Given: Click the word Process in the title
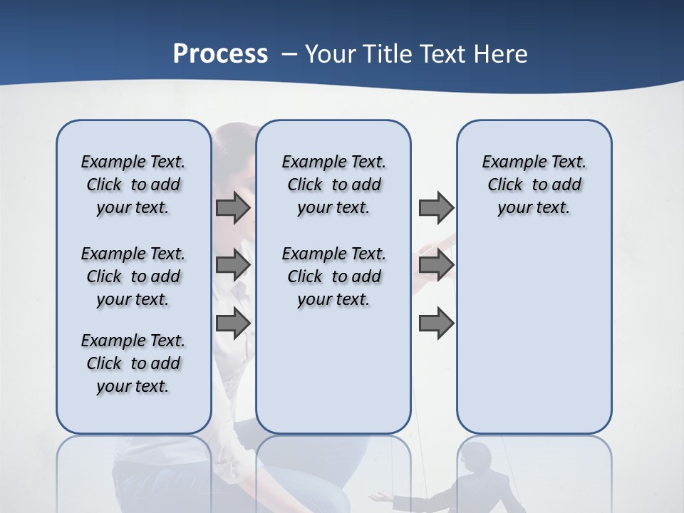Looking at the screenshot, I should coord(220,54).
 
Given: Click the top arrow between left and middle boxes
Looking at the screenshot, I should coord(233,208).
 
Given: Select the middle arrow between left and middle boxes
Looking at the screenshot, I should coord(233,265).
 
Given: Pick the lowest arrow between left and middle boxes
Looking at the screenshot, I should coord(233,323).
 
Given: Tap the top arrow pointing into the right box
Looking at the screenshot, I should coord(436,208).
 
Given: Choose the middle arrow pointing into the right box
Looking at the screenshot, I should coord(436,265).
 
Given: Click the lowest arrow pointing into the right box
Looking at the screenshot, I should coord(436,323).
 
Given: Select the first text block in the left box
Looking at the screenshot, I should coord(133,185).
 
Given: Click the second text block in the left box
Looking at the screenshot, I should coord(133,276).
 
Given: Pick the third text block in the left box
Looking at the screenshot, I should coord(133,363).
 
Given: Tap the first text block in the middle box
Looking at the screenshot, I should coord(333,185).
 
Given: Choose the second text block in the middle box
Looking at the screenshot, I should coord(333,276).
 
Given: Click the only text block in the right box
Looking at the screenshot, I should coord(534,185).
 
